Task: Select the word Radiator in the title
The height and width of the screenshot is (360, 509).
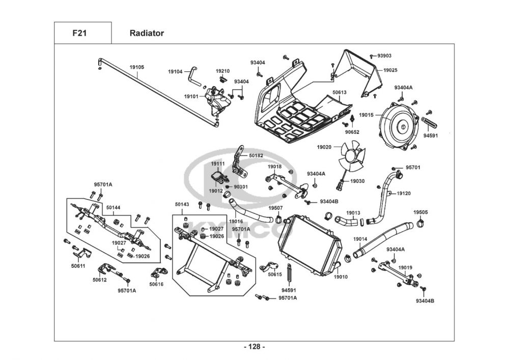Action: click(147, 34)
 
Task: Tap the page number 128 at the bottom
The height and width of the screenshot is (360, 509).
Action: click(254, 347)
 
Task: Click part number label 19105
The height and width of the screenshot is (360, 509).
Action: click(136, 67)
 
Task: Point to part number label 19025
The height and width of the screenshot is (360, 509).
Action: click(390, 70)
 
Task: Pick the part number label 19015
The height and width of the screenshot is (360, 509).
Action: click(366, 116)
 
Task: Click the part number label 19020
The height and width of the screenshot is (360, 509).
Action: click(324, 147)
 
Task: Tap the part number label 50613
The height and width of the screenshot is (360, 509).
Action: click(340, 93)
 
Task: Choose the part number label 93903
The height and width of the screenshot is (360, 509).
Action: click(384, 56)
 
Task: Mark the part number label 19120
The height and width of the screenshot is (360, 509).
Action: click(404, 193)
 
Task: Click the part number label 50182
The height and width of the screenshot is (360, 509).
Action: click(256, 155)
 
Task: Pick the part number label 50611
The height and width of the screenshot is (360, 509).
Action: click(78, 266)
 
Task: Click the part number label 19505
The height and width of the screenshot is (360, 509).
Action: click(420, 212)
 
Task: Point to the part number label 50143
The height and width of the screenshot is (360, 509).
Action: click(182, 204)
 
